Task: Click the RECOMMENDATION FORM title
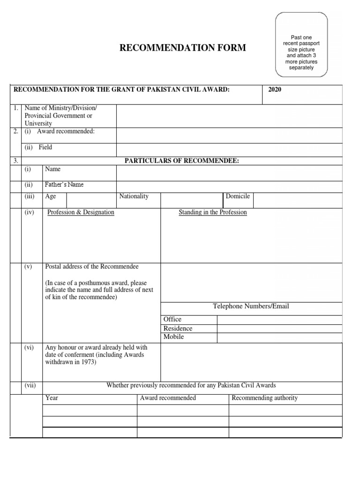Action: click(x=182, y=48)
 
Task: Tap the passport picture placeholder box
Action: click(x=301, y=45)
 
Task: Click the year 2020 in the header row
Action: click(x=275, y=90)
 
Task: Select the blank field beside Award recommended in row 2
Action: click(x=229, y=135)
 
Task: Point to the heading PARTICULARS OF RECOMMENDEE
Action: click(x=181, y=161)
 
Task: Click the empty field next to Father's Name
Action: click(x=229, y=186)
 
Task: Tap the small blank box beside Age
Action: click(x=91, y=200)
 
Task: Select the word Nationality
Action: click(x=134, y=196)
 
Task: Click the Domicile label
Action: click(x=238, y=196)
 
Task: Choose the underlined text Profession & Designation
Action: click(x=81, y=212)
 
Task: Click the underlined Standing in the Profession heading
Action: click(x=213, y=212)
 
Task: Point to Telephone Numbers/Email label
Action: click(x=251, y=307)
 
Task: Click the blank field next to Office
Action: click(x=279, y=320)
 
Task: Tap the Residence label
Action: click(x=178, y=328)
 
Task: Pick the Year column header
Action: click(x=52, y=398)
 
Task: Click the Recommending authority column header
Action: click(x=264, y=398)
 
